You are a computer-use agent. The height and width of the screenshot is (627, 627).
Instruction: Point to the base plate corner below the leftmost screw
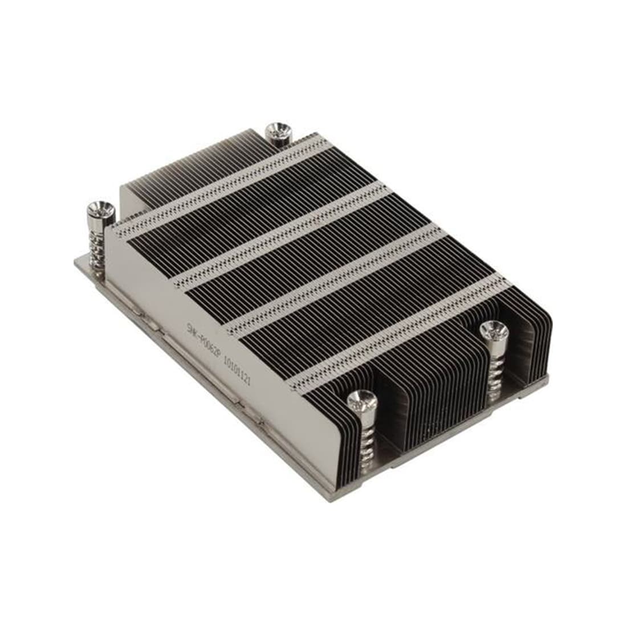tap(77, 261)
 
